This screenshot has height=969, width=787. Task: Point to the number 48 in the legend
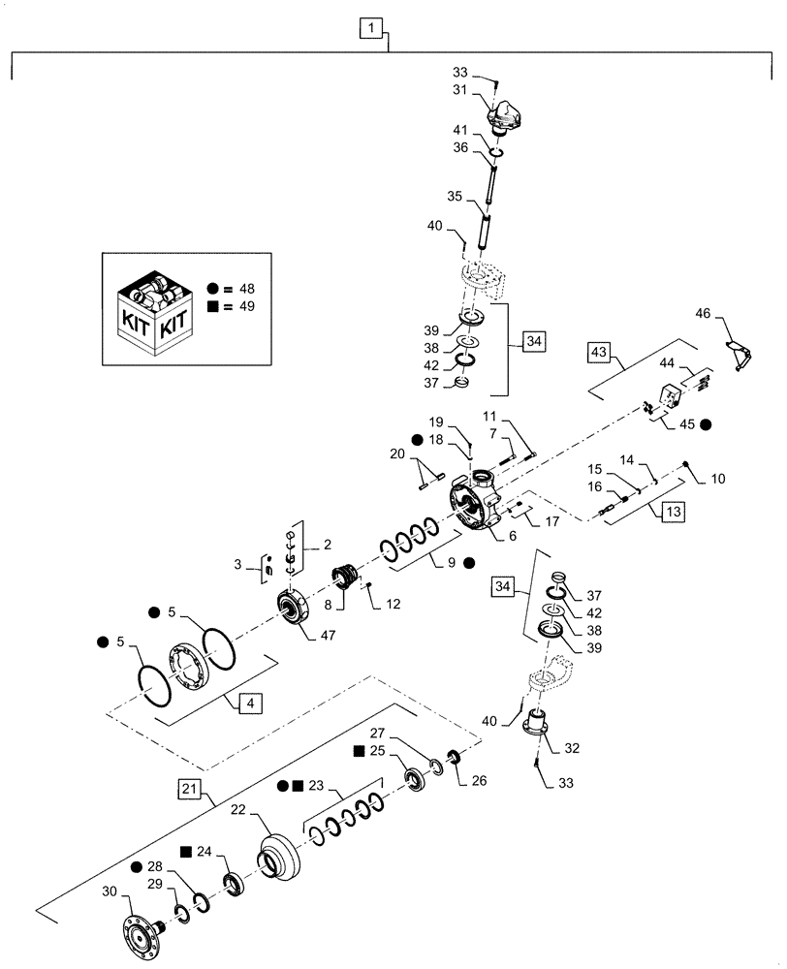[x=249, y=288]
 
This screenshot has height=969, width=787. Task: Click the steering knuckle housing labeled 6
[x=477, y=504]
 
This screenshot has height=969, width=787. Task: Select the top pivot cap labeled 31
[x=507, y=116]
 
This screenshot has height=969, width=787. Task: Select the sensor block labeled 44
[x=670, y=396]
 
